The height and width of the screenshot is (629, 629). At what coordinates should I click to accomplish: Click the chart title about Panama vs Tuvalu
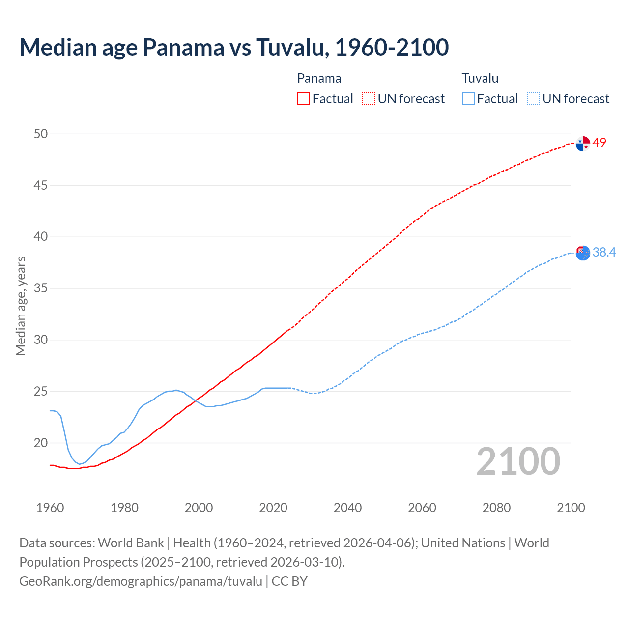(x=234, y=47)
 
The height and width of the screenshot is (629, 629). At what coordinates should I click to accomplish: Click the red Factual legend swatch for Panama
(x=303, y=99)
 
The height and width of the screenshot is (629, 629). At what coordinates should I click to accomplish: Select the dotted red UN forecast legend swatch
(x=369, y=99)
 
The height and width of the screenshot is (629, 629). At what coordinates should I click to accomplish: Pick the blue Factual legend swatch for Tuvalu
(x=468, y=99)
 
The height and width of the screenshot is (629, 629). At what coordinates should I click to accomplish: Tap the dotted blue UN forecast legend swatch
(x=534, y=99)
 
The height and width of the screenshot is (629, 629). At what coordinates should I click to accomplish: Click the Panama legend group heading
(x=319, y=78)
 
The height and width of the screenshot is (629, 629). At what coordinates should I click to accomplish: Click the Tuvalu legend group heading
(x=480, y=78)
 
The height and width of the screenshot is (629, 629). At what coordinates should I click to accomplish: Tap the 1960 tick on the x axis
(x=50, y=508)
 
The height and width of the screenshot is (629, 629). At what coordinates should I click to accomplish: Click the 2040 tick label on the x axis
(x=347, y=508)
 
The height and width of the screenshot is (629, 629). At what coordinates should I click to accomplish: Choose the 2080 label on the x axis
(x=496, y=508)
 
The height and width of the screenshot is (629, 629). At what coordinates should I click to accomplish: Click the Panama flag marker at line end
(x=583, y=143)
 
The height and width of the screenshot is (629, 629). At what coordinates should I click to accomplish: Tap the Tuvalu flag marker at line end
(x=583, y=253)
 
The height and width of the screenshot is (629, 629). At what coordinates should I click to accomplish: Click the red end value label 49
(x=600, y=143)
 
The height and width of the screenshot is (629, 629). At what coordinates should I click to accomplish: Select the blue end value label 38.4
(x=604, y=252)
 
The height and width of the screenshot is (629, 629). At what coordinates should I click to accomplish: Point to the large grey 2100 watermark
(x=518, y=461)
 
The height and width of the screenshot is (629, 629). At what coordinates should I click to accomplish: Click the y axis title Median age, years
(x=21, y=306)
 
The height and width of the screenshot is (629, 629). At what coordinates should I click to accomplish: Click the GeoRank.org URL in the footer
(x=141, y=581)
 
